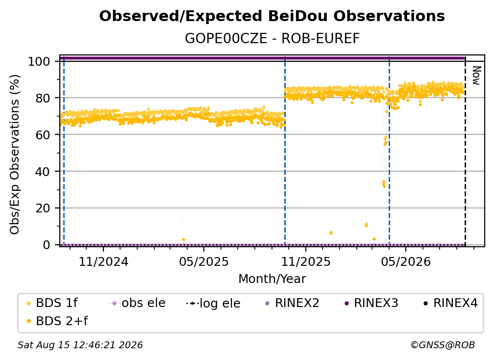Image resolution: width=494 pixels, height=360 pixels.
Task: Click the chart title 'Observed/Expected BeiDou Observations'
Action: point(272,16)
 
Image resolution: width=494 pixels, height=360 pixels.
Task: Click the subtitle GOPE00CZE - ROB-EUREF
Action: point(272,38)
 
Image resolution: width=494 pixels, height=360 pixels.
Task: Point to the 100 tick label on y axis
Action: point(39,61)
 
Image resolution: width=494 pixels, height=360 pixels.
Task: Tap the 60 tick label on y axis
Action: point(43,135)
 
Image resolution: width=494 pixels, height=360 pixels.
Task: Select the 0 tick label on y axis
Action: point(47,245)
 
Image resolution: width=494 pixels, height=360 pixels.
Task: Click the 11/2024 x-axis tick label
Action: point(103,261)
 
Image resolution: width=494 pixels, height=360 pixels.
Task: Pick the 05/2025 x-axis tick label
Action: point(204,261)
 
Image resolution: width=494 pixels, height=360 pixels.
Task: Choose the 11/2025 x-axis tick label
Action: point(306,261)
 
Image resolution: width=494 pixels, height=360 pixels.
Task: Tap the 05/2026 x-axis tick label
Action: point(406,261)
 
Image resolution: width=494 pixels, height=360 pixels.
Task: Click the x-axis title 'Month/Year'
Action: point(272,279)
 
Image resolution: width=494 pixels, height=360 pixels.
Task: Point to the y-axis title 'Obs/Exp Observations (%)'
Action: point(15,154)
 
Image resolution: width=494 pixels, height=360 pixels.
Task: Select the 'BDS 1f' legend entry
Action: point(52,303)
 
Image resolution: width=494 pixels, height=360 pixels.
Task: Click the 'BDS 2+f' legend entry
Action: point(57,321)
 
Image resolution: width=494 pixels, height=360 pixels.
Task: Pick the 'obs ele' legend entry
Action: point(137,303)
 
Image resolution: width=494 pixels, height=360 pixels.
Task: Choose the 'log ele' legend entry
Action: point(213,303)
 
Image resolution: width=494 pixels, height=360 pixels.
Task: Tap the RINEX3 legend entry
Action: point(371,303)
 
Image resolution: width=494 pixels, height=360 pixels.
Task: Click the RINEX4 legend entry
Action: point(450,303)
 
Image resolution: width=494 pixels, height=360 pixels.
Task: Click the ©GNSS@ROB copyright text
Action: point(443,345)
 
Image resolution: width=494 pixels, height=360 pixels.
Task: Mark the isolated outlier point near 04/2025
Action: point(183,239)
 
